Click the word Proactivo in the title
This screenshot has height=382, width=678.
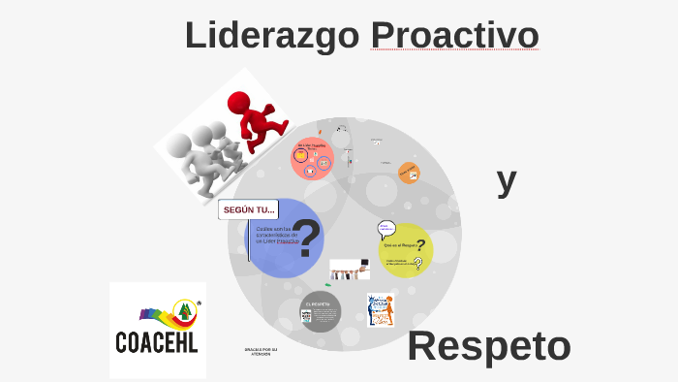(454, 35)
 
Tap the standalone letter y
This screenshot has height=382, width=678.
(506, 179)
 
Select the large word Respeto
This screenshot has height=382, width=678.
(489, 346)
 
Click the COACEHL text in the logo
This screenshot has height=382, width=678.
(158, 342)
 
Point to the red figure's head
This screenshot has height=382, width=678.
(239, 102)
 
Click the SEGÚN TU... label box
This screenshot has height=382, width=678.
(249, 209)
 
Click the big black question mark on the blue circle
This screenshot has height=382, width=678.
(307, 239)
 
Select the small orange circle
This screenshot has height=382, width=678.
(409, 173)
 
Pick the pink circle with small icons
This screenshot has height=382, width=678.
(312, 158)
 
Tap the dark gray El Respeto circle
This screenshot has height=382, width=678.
(320, 311)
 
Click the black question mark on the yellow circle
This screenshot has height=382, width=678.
(420, 246)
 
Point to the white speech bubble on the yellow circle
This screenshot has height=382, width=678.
(386, 229)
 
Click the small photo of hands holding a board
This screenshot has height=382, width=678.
(350, 268)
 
